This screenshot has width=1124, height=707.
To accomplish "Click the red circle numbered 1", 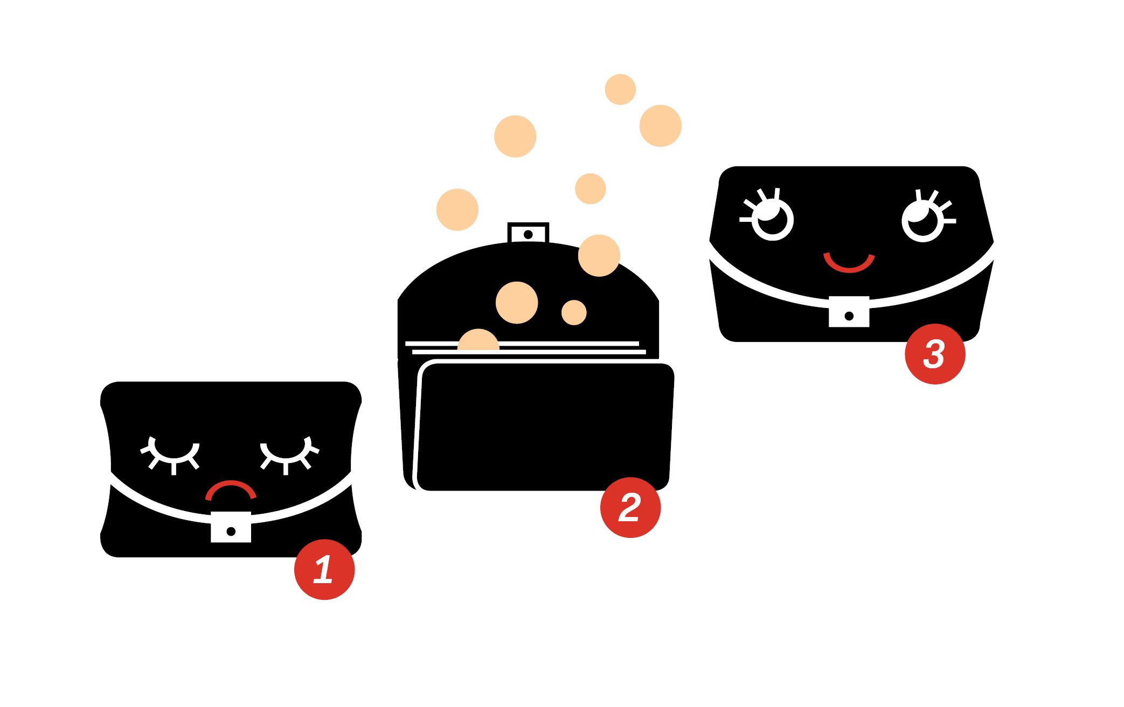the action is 324,569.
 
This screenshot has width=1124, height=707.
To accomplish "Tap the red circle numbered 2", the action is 630,507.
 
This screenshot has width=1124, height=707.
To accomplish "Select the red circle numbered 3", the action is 935,354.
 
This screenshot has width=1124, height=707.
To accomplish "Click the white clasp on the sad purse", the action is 231,527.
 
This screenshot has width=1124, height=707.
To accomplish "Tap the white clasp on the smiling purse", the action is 849,311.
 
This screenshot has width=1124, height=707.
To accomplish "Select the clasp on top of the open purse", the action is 528,233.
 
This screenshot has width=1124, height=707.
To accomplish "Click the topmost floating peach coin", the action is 620,89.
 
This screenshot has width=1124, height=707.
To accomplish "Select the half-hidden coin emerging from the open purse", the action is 478,340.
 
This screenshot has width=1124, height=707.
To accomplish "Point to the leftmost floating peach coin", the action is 457,210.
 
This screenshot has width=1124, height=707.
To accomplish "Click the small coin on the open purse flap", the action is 574,312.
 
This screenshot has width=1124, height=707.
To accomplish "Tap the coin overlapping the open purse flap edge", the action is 599,256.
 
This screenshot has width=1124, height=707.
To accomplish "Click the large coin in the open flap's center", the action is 517,303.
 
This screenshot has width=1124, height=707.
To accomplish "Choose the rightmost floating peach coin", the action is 661,126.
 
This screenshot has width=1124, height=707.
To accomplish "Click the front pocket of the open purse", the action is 544,426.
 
